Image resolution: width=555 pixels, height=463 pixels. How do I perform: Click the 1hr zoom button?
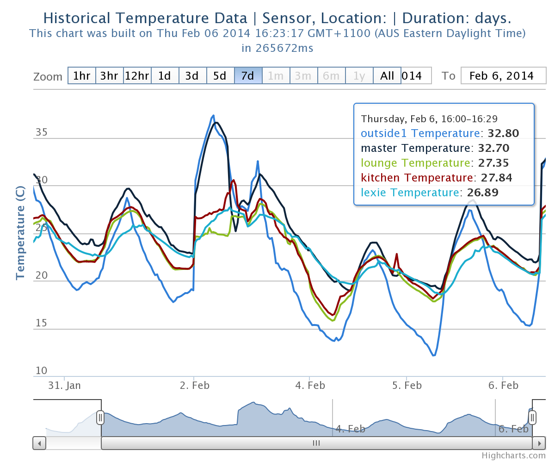click(x=82, y=76)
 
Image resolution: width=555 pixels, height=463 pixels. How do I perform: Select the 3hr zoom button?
click(x=110, y=76)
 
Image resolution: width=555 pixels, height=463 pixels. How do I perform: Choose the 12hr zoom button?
click(x=137, y=76)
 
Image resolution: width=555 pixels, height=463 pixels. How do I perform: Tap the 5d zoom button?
click(x=221, y=76)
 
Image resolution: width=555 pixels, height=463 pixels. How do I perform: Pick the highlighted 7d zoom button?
click(x=248, y=76)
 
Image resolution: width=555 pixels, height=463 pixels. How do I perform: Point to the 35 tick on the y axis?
click(x=41, y=132)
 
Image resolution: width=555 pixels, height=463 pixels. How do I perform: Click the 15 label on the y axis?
click(x=41, y=323)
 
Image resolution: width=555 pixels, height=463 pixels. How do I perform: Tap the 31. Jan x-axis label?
click(x=65, y=385)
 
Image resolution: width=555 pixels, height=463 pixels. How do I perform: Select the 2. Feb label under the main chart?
click(x=194, y=385)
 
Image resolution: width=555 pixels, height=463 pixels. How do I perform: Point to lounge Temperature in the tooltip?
click(x=416, y=163)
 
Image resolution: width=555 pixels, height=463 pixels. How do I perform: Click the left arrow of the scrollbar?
click(x=39, y=443)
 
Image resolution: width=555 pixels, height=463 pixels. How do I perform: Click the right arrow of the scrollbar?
click(x=539, y=443)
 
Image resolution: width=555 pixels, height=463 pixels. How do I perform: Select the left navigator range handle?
click(x=100, y=418)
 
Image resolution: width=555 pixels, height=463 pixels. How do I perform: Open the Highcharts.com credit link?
click(x=513, y=456)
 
